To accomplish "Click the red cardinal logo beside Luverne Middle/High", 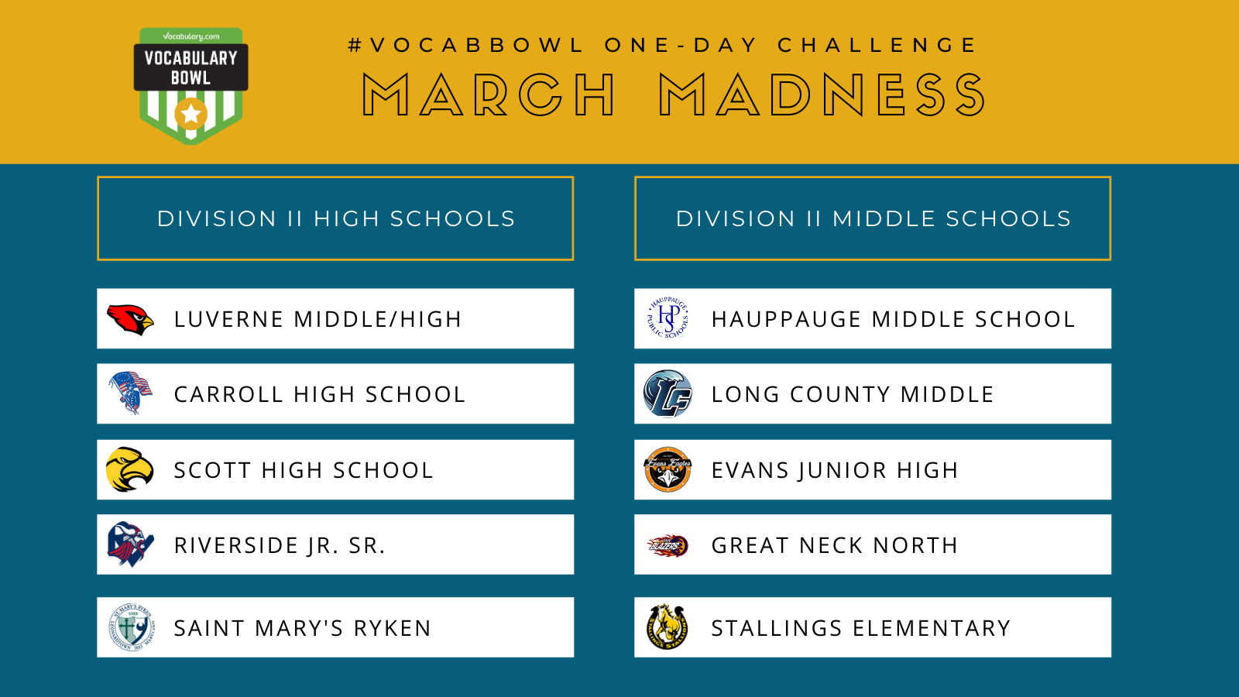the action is coord(131,320).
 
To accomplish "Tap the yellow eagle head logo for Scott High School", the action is coord(129,469).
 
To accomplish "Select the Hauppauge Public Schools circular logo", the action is coord(668,318).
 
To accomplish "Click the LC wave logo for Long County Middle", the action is coord(668,394).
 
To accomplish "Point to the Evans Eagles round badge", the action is coord(668,469).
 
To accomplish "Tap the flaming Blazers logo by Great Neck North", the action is coord(668,545).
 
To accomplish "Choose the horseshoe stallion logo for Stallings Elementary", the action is coord(667,627).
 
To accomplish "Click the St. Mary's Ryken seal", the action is coord(131,627).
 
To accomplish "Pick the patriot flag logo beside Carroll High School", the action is coord(131,393).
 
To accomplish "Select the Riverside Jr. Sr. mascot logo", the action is coord(131,544).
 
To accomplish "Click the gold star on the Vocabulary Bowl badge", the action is coord(190,114).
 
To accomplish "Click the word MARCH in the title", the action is coord(489,94).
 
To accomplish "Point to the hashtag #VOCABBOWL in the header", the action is coord(466,46).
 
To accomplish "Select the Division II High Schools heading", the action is coord(336,218).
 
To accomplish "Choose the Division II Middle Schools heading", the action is coord(873,218).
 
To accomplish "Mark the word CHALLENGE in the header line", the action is coord(877,46).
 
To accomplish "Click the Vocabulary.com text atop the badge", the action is coord(190,36).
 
